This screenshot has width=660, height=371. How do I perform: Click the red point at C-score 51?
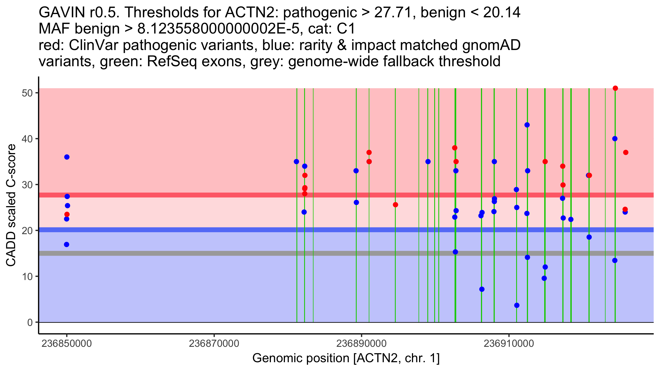(615, 88)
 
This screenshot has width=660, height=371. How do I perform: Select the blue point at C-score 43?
(527, 125)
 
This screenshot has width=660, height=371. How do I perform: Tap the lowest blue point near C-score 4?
(517, 305)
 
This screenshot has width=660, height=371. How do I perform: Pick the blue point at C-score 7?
(482, 289)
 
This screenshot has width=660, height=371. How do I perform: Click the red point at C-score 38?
(455, 148)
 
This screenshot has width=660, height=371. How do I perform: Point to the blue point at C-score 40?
(615, 139)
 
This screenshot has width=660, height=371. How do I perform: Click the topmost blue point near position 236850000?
(67, 157)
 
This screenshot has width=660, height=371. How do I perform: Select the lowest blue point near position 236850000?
(67, 245)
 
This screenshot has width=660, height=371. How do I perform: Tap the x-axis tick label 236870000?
(214, 344)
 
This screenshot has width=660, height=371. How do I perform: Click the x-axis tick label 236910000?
(509, 344)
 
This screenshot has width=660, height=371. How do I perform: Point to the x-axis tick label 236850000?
(67, 344)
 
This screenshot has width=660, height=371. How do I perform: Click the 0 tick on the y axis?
(30, 322)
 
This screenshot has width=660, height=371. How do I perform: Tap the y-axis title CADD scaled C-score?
(11, 206)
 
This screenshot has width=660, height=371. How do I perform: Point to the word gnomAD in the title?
(491, 45)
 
